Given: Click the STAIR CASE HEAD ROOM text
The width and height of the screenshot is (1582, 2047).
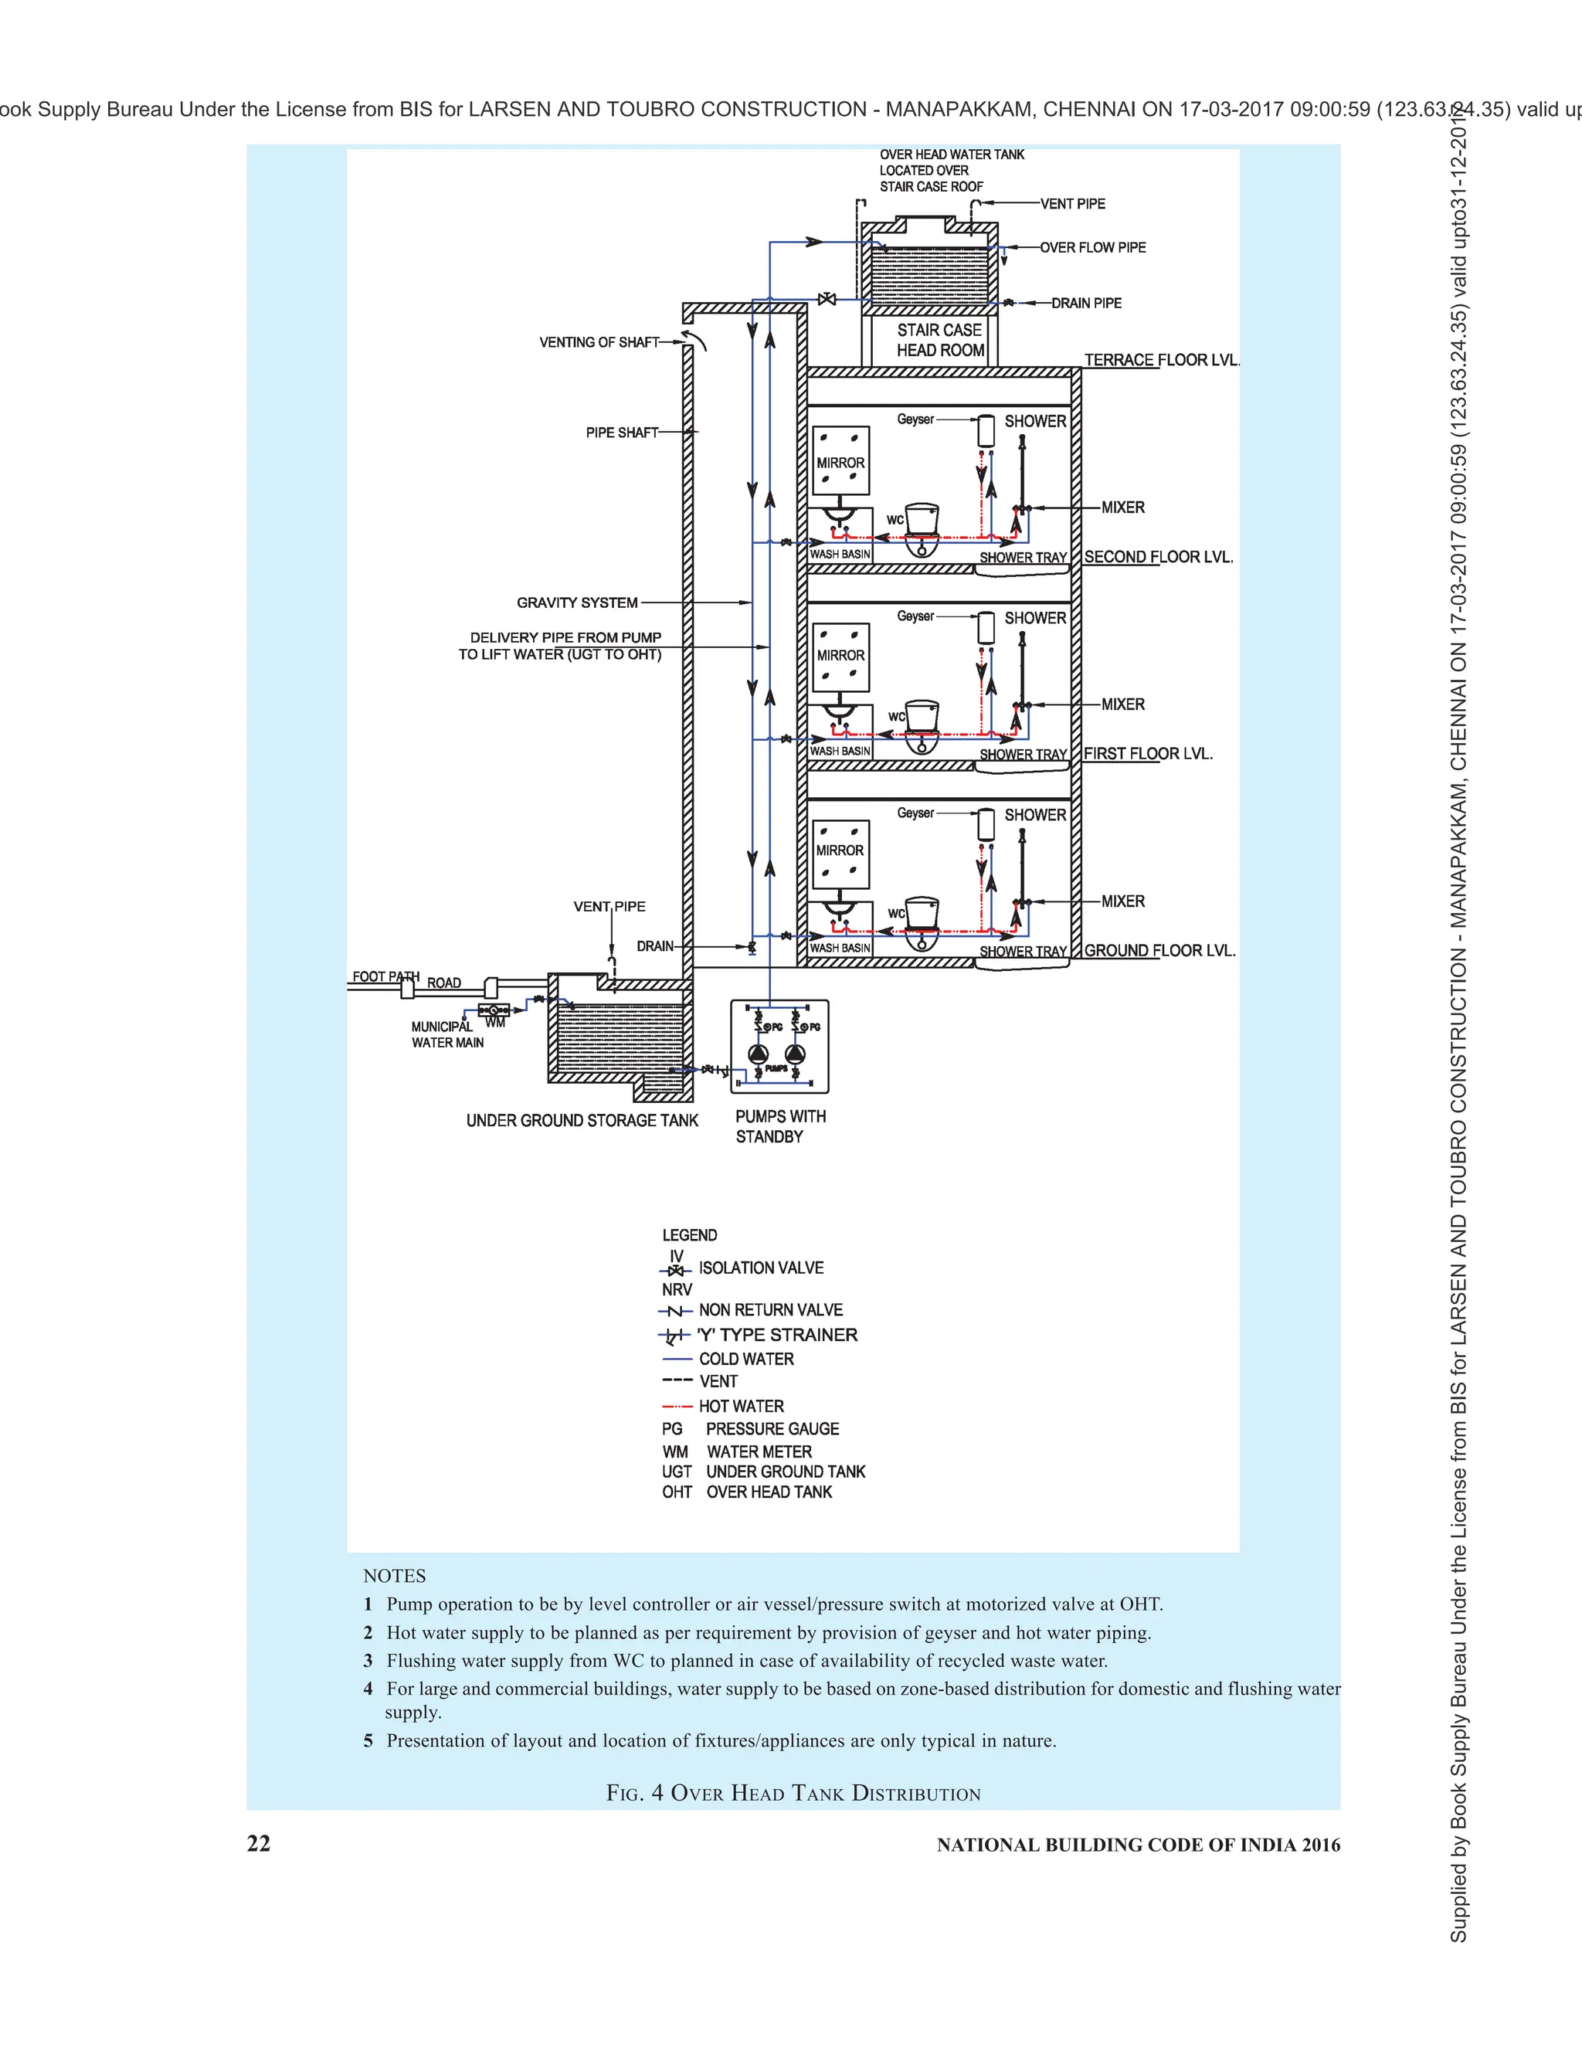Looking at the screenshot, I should pyautogui.click(x=939, y=340).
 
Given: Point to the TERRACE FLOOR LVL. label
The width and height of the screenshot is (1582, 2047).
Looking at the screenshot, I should pyautogui.click(x=1161, y=360).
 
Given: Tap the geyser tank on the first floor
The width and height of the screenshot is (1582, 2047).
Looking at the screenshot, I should pyautogui.click(x=986, y=627).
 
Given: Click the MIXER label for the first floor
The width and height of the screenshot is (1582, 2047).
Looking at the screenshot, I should pyautogui.click(x=1122, y=704).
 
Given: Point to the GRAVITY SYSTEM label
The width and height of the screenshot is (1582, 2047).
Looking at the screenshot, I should pyautogui.click(x=577, y=603).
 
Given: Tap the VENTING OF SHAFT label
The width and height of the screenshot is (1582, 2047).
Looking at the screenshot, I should pyautogui.click(x=599, y=342).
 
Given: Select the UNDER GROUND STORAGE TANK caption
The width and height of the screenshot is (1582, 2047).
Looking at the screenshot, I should pyautogui.click(x=582, y=1121).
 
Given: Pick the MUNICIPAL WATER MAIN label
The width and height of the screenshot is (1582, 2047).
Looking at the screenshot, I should pyautogui.click(x=447, y=1035).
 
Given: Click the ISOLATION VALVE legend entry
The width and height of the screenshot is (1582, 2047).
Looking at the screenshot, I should pyautogui.click(x=760, y=1268).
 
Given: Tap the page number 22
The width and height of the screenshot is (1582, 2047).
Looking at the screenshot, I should pyautogui.click(x=259, y=1844).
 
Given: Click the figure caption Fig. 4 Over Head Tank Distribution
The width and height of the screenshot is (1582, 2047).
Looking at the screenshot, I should pyautogui.click(x=793, y=1794).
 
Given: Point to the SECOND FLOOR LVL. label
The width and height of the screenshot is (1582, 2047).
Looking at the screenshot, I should pyautogui.click(x=1159, y=557).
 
